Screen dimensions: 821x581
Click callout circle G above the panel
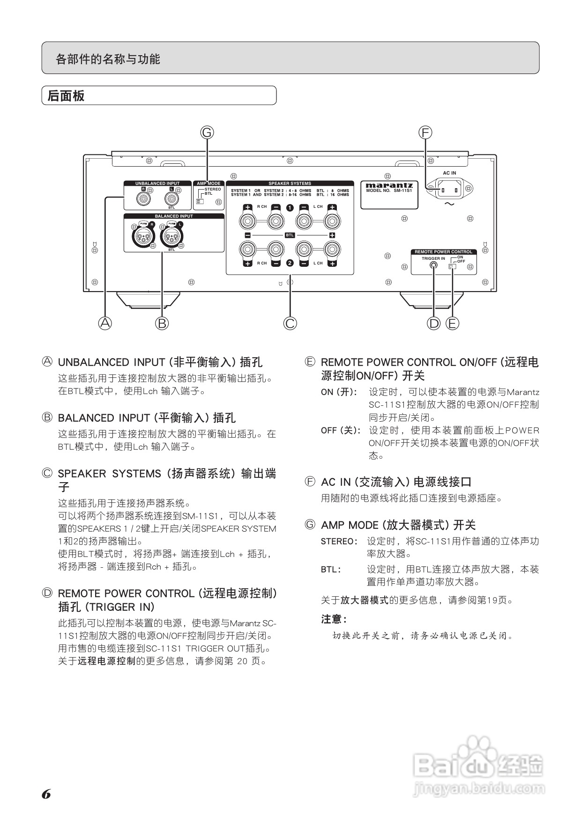point(207,132)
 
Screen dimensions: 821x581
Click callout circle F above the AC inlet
point(425,132)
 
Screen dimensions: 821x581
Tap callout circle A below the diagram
point(105,323)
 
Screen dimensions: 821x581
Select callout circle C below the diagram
point(290,323)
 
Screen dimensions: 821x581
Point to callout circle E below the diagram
point(452,323)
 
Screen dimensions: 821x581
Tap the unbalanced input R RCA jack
point(143,198)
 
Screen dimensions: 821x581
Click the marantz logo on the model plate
point(389,185)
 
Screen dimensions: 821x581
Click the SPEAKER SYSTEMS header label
point(290,183)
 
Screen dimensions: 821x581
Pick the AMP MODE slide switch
point(200,202)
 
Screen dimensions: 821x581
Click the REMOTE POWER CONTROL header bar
point(443,252)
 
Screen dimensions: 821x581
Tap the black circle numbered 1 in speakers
point(290,207)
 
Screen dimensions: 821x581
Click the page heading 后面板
point(66,96)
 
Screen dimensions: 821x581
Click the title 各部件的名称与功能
point(108,59)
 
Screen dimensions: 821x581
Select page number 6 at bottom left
point(46,794)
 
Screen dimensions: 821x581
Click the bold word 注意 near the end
point(334,619)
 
